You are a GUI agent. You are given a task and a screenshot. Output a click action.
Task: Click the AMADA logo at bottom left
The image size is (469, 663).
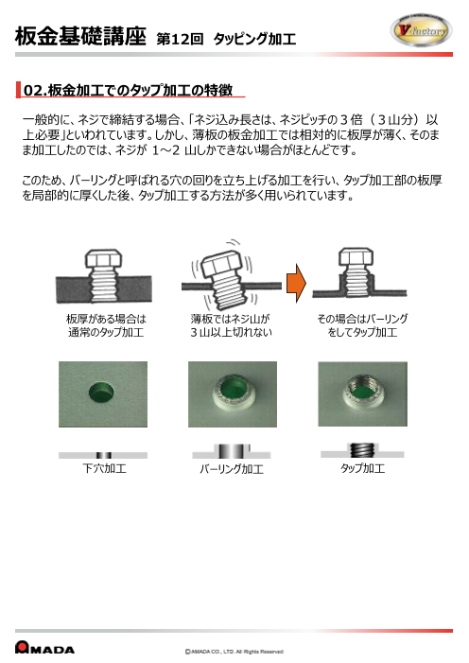point(45,649)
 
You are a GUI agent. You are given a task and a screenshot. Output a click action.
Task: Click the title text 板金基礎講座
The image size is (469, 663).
point(80,37)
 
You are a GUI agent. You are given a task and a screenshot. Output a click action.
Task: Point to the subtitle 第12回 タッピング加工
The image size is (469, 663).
point(227,40)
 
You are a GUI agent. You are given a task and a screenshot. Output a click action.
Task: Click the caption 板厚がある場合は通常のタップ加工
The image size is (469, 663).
point(105,326)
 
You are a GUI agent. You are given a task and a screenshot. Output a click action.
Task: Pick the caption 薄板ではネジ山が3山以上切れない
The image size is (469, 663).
point(231,326)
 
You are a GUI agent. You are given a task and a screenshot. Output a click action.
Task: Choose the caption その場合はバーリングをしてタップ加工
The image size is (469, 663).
point(363,326)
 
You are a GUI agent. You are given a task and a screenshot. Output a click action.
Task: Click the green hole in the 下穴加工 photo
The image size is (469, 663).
point(98,391)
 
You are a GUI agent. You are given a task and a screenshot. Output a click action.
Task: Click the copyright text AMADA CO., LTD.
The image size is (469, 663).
point(234,651)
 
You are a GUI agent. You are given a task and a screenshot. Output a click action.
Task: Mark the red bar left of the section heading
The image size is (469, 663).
point(18,90)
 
